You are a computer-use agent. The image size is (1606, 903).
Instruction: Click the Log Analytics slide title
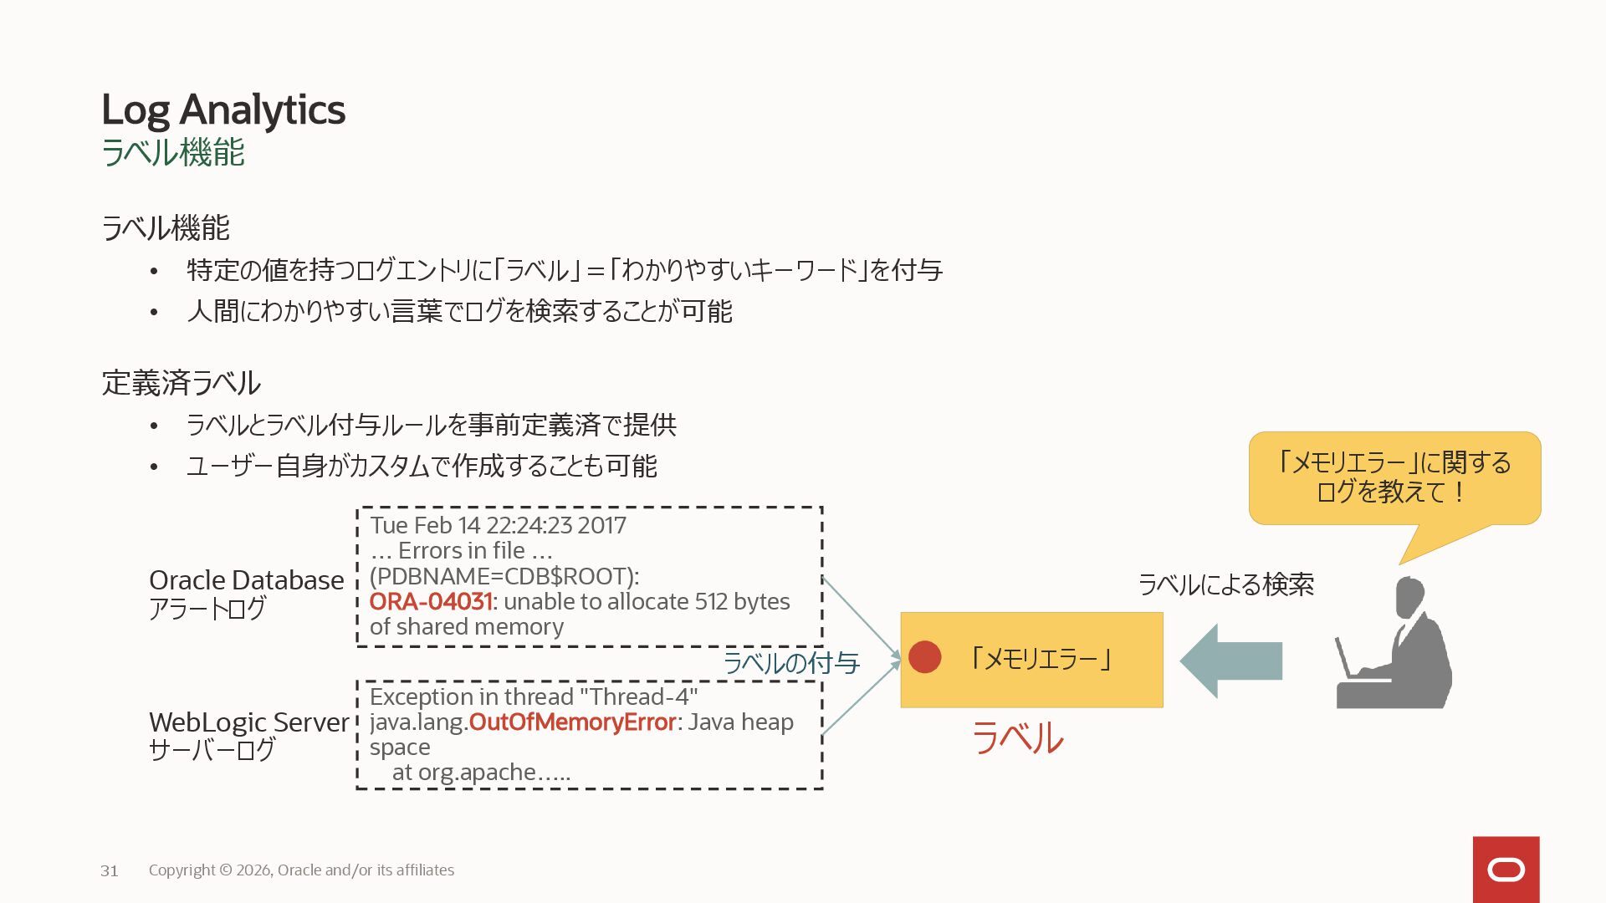point(222,110)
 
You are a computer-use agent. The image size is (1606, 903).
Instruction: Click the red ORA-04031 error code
point(430,602)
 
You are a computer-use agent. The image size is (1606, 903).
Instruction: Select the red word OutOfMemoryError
point(572,722)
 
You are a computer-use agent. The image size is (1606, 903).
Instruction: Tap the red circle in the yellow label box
point(924,657)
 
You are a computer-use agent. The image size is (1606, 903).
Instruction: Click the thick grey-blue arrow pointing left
point(1230,661)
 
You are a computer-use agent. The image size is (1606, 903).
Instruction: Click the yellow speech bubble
point(1394,478)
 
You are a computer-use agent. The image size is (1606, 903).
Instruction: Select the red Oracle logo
point(1506,870)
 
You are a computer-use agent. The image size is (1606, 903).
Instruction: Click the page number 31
point(110,871)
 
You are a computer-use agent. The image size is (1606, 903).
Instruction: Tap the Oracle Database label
point(246,580)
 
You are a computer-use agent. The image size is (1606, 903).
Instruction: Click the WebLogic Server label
point(248,722)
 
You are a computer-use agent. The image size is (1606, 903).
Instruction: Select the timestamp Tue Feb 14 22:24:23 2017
point(498,526)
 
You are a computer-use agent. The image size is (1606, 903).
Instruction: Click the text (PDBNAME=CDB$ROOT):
point(504,577)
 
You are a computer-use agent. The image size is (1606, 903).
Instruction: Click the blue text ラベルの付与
point(791,663)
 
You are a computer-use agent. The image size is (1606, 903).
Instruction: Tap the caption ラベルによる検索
point(1226,584)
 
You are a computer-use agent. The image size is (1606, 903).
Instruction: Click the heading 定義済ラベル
point(181,383)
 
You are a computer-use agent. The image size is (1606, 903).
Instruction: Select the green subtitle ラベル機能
point(172,153)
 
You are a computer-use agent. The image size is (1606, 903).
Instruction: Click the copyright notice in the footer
point(301,870)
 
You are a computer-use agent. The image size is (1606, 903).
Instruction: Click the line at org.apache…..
point(481,773)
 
